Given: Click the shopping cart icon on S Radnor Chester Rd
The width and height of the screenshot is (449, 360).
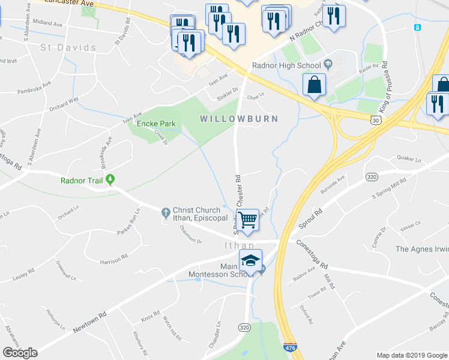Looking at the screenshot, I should (248, 220).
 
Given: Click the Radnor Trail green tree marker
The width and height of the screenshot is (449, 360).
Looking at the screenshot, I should (110, 179).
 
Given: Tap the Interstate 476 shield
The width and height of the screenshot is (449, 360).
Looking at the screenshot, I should (289, 347).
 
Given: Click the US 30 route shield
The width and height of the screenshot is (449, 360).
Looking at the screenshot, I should (375, 120).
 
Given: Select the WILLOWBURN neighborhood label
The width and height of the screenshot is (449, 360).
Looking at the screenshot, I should (239, 119).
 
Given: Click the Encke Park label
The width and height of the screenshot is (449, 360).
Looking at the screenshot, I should (155, 124).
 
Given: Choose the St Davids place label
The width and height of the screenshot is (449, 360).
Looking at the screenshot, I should (68, 47).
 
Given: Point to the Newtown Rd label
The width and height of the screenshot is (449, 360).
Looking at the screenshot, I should (89, 322).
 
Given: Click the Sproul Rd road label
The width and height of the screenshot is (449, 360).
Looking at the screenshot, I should (311, 219).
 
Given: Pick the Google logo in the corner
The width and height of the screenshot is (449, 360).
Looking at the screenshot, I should (20, 353).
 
